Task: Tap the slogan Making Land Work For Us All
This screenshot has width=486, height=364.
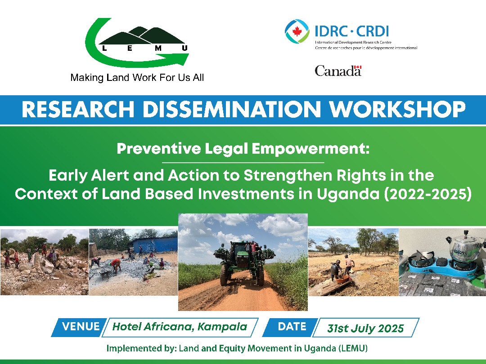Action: pos(137,78)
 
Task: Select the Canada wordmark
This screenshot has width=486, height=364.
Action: pos(338,71)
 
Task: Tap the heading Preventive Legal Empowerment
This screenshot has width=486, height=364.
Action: pos(243,149)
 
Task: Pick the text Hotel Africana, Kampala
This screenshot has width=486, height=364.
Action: pos(180,327)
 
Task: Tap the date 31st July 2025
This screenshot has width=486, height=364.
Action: pos(365,328)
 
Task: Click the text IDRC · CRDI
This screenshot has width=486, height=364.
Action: pos(351,31)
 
